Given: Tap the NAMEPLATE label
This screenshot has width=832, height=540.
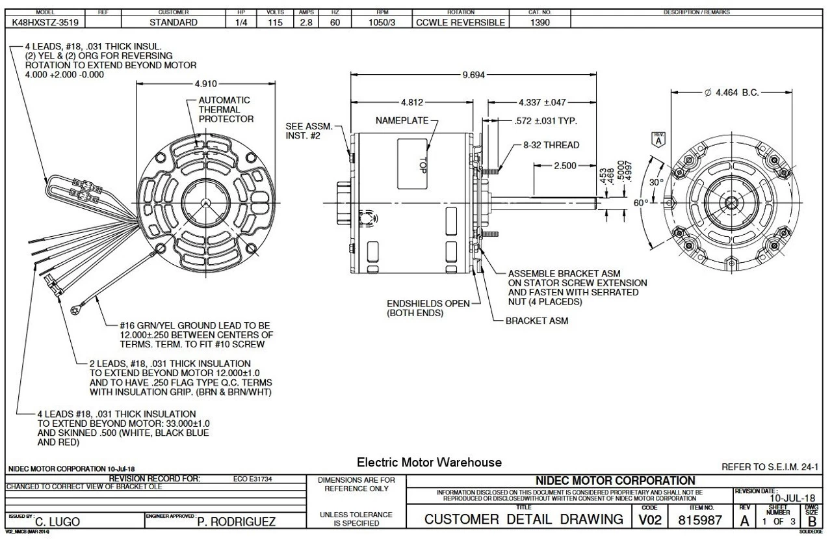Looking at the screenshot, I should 398,121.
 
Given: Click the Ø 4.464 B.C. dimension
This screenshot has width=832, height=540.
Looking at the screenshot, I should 732,94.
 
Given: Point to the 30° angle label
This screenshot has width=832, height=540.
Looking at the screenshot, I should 656,182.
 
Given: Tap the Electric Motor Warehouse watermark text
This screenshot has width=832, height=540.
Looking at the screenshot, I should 430,463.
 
